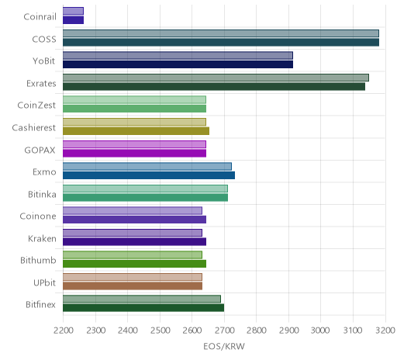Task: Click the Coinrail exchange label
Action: click(40, 17)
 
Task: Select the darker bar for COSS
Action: click(221, 42)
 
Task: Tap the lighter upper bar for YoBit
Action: click(178, 56)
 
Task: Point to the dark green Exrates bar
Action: click(214, 86)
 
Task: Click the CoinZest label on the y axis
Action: click(36, 106)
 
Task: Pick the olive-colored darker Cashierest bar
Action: click(136, 131)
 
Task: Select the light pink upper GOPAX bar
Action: click(134, 144)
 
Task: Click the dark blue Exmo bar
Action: click(149, 175)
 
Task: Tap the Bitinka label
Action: click(42, 194)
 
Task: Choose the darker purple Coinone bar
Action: click(134, 220)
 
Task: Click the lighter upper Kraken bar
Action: click(133, 233)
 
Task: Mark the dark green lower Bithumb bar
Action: click(134, 264)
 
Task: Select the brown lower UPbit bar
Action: click(133, 286)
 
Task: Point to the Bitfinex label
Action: click(40, 305)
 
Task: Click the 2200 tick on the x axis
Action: click(64, 331)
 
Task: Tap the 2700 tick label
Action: click(225, 331)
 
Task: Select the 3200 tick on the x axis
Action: click(385, 331)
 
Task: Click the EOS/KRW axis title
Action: click(224, 346)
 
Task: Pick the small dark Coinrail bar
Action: click(73, 20)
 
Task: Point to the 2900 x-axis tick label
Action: click(288, 331)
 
